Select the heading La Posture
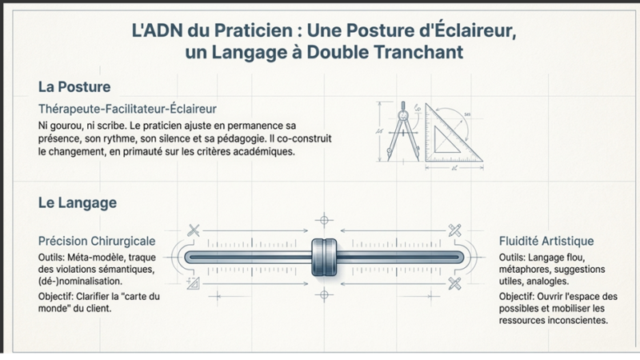[x=74, y=86]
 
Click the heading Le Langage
[x=77, y=203]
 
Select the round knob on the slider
[x=322, y=257]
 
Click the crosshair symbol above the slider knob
[x=322, y=218]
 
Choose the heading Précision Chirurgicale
[x=97, y=241]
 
